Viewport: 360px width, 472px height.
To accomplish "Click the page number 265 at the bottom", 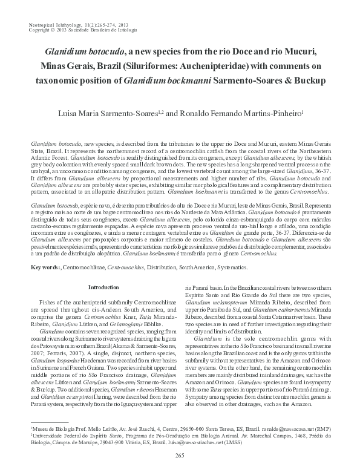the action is pyautogui.click(x=179, y=455).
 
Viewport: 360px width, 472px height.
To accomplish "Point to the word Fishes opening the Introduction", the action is pyautogui.click(x=50, y=301).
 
